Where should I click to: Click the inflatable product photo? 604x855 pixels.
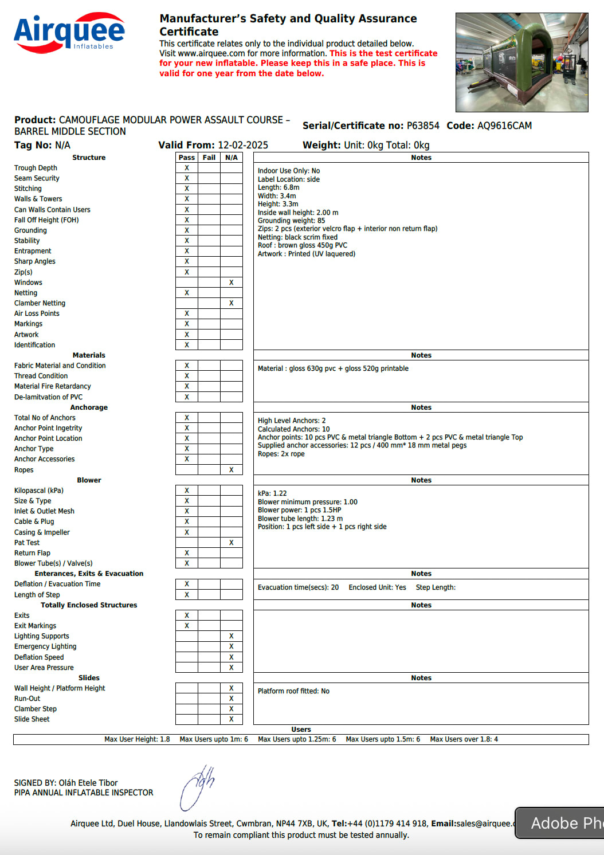pos(521,62)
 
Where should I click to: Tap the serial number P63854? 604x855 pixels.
pos(423,125)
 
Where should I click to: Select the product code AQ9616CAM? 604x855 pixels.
pos(504,125)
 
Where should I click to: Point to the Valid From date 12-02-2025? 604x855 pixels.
pos(243,145)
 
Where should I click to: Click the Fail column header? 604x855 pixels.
pos(209,158)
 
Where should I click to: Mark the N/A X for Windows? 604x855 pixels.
pos(232,283)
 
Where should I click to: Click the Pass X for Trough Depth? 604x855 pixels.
pos(187,168)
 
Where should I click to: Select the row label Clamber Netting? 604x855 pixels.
pos(40,303)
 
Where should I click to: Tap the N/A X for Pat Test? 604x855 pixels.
pos(232,542)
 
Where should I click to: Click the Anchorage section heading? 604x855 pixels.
pos(89,407)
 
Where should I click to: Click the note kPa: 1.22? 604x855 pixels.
pos(272,493)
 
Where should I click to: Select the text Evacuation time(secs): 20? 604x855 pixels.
pos(298,587)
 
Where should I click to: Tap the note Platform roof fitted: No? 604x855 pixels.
pos(293,691)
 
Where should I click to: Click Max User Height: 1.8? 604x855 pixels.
pos(137,739)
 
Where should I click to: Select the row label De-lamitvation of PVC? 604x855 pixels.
pos(48,397)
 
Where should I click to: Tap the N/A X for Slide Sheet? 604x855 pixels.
pos(232,719)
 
